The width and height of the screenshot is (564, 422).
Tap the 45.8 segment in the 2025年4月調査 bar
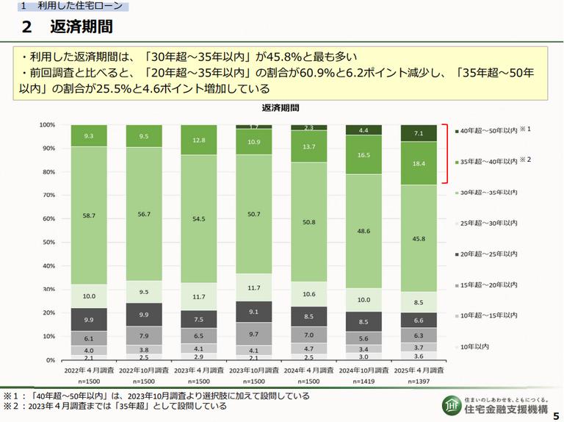(419, 238)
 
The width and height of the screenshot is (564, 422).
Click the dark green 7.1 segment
(419, 134)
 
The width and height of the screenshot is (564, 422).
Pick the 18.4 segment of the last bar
(419, 163)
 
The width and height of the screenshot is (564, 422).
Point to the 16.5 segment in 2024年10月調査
(364, 156)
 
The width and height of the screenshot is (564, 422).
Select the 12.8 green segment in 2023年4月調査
(198, 140)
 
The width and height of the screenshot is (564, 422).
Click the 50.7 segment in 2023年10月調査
(253, 214)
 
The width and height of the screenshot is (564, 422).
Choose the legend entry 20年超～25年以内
(486, 252)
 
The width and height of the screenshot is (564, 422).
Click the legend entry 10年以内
(476, 346)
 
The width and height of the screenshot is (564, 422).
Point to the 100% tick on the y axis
(47, 125)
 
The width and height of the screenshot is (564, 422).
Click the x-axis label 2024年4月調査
(308, 372)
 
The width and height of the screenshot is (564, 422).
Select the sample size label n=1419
(364, 382)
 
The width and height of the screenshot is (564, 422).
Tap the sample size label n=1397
(419, 382)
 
